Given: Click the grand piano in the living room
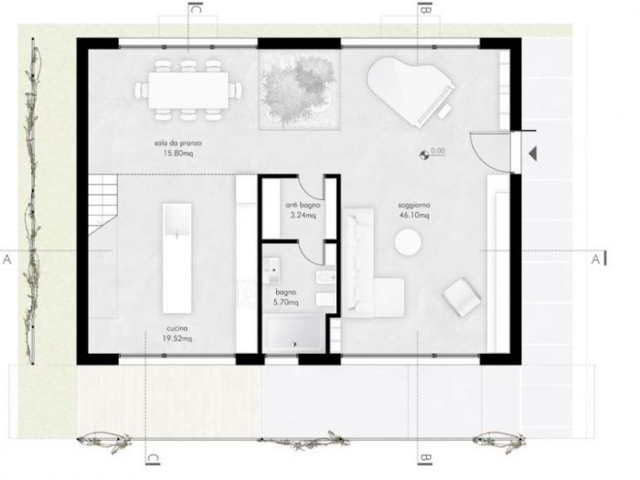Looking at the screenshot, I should tap(409, 87).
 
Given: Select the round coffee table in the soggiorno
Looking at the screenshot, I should tap(407, 242).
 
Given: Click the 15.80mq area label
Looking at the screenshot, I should tap(176, 154).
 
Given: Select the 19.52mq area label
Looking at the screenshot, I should tap(177, 336).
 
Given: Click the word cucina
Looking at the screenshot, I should tap(177, 327).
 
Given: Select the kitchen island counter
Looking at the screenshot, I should tap(176, 258).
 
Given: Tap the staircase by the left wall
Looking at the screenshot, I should tap(103, 203).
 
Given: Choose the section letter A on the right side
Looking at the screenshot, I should tap(595, 260).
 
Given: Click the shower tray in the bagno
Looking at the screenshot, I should tap(294, 334).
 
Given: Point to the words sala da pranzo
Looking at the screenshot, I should tap(177, 144).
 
